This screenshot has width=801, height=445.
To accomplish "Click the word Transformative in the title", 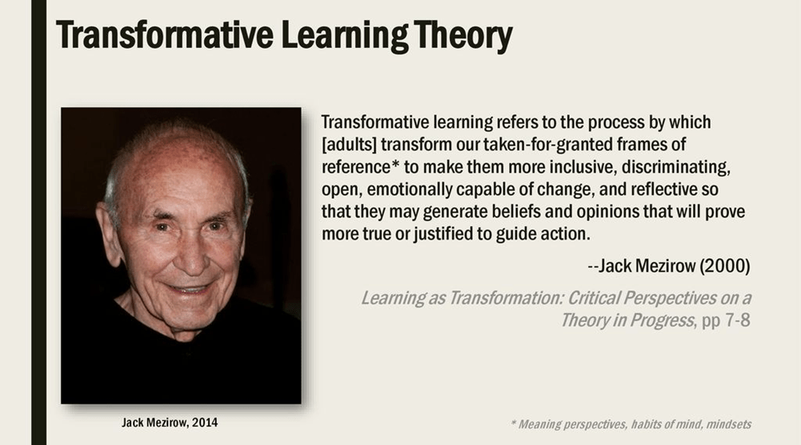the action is pyautogui.click(x=165, y=34).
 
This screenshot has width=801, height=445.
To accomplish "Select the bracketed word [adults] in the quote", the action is pyautogui.click(x=349, y=145).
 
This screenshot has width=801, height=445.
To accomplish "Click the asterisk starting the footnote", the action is pyautogui.click(x=513, y=423).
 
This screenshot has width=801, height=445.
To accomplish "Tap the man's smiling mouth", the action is pyautogui.click(x=190, y=289).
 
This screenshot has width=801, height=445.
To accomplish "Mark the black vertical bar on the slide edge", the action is pyautogui.click(x=39, y=222).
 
